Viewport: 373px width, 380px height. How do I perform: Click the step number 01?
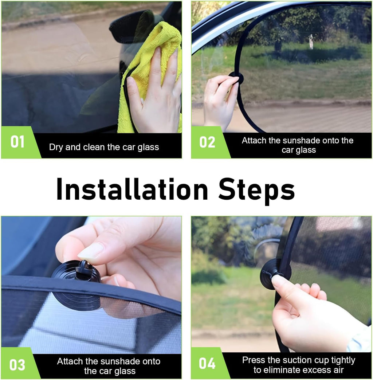(17, 142)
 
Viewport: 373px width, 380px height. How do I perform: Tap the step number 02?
(207, 142)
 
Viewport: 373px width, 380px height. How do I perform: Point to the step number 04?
(207, 364)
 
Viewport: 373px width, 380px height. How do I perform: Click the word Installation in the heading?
(132, 189)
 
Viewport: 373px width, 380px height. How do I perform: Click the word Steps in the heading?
(257, 191)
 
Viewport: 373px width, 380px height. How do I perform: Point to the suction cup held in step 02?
(236, 78)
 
